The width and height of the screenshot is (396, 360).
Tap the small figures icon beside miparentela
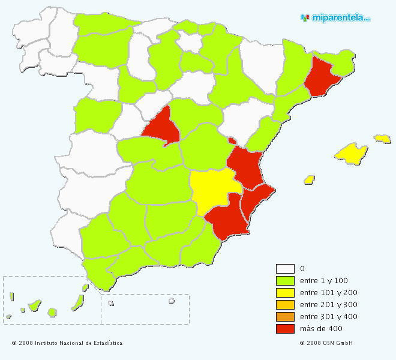pos(305,18)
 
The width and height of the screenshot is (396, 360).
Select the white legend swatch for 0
pos(285,269)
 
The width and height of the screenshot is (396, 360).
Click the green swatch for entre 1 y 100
pos(285,281)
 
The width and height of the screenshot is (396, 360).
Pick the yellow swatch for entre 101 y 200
pos(285,293)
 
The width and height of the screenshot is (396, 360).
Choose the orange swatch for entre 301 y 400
pos(285,317)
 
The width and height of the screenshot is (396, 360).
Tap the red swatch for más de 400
pos(285,329)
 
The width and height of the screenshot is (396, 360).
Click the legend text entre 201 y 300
pos(328,305)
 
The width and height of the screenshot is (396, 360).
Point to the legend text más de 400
pos(321,329)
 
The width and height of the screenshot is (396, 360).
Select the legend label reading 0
pos(302,269)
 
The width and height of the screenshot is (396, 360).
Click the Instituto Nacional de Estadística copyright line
pos(67,343)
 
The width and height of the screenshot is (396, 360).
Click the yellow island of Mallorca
pos(350,154)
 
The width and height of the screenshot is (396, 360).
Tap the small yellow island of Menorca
pos(382,139)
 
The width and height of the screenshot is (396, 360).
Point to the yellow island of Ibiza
pos(310,179)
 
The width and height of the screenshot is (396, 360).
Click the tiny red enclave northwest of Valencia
pos(232,141)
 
